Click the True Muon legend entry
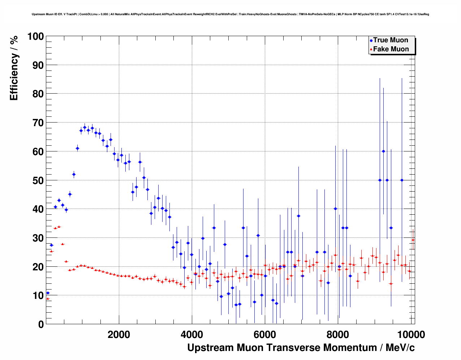tap(390, 40)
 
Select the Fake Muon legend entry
tap(391, 49)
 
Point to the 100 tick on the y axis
tap(36, 37)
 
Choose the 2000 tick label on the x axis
tap(119, 335)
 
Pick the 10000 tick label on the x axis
tap(411, 335)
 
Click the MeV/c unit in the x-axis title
tap(400, 348)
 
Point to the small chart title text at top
tap(230, 14)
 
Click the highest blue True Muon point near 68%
tap(85, 127)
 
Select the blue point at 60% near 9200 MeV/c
tap(383, 151)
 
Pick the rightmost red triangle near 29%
tap(413, 240)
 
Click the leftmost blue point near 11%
tap(48, 293)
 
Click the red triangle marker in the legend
tap(371, 50)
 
